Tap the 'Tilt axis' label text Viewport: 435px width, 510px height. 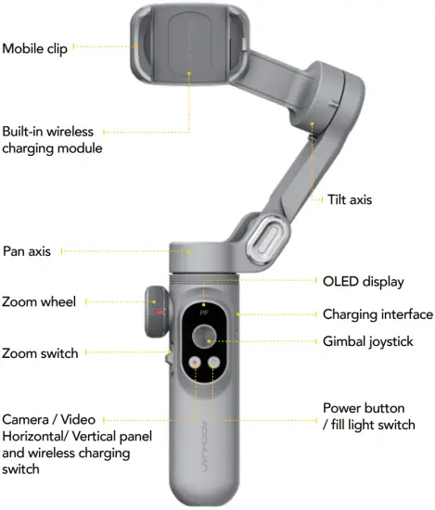click(350, 199)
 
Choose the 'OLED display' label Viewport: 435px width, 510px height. click(365, 280)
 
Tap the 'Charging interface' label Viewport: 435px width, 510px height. click(377, 314)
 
